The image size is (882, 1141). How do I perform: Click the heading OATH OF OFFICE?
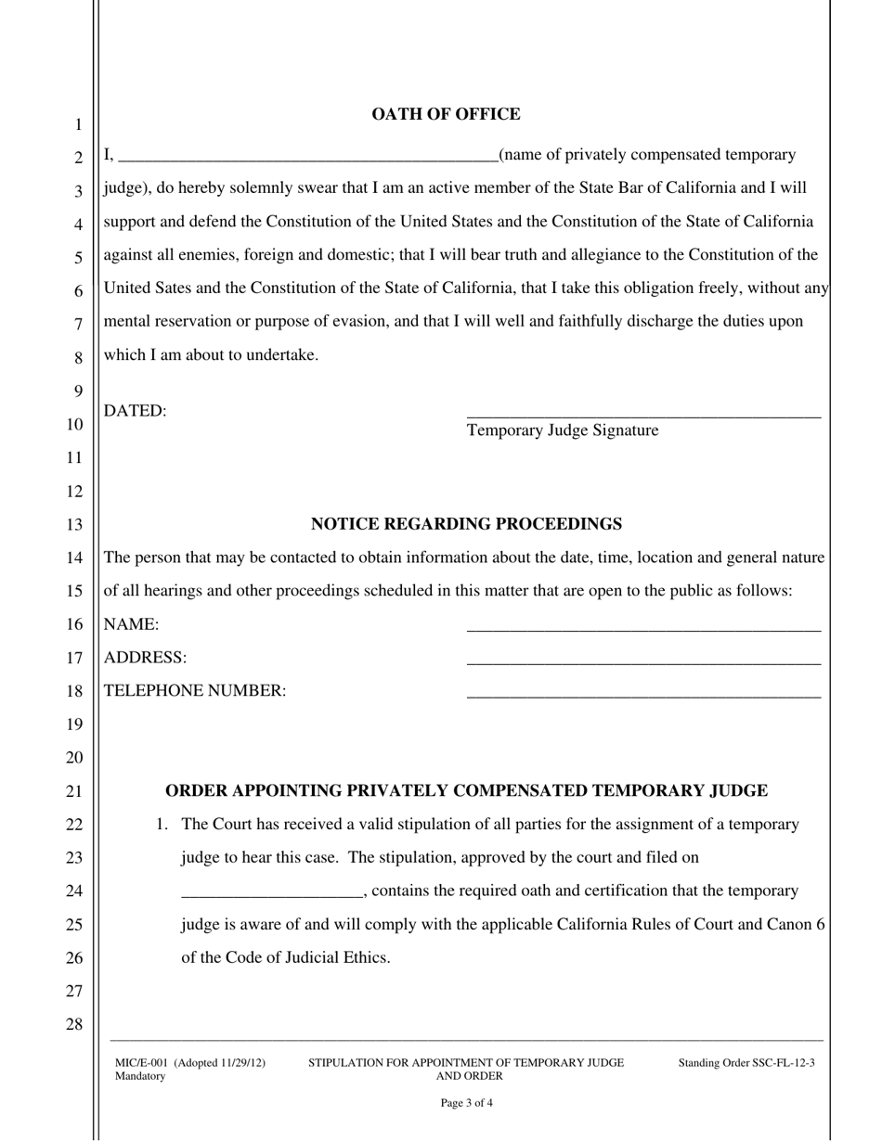446,114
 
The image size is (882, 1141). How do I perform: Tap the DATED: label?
136,411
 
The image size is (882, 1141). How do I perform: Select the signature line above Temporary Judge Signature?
643,415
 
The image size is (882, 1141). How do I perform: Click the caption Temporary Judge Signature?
563,430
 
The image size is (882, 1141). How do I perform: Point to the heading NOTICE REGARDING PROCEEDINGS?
466,524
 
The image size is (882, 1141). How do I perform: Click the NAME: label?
132,624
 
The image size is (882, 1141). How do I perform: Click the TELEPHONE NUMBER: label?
195,691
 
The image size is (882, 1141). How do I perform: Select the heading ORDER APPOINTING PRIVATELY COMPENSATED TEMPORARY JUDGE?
466,791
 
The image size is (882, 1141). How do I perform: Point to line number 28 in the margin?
74,1025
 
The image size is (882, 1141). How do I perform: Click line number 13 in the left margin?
74,525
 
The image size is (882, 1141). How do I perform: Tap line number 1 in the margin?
78,125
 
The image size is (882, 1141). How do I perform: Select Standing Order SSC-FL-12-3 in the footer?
746,1063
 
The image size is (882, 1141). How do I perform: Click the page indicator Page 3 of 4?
466,1104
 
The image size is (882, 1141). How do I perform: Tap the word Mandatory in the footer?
140,1076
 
